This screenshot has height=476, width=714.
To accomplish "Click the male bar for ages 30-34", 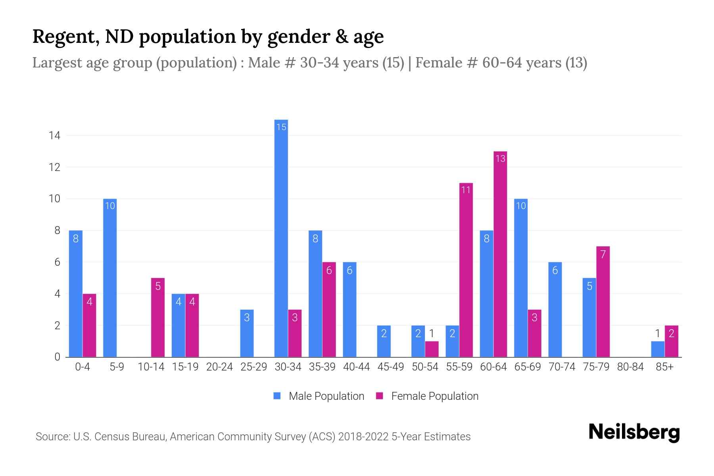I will (x=281, y=238).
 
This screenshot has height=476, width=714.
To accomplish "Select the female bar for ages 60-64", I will (x=500, y=254).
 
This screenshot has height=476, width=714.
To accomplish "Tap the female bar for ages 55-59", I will (x=466, y=270).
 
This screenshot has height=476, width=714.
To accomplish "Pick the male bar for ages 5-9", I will (x=110, y=278).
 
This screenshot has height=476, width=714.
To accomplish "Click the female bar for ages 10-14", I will (x=158, y=317).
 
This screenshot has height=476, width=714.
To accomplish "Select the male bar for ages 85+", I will (x=658, y=349).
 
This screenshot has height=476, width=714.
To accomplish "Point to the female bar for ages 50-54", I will (x=432, y=349).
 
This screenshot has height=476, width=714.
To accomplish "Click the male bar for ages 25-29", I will (x=247, y=333).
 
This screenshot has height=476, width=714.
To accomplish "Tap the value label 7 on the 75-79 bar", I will (x=603, y=254).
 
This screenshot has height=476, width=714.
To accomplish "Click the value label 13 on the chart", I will (x=500, y=159).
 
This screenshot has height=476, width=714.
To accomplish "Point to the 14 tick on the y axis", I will (x=54, y=136).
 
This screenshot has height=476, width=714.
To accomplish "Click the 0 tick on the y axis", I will (x=57, y=357).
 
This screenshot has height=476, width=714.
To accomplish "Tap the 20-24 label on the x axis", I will (x=219, y=367).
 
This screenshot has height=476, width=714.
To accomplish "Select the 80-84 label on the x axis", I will (x=630, y=367).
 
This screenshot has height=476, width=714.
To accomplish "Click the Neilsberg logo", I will (x=634, y=432).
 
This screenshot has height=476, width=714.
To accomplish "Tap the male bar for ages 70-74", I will (x=555, y=309).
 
